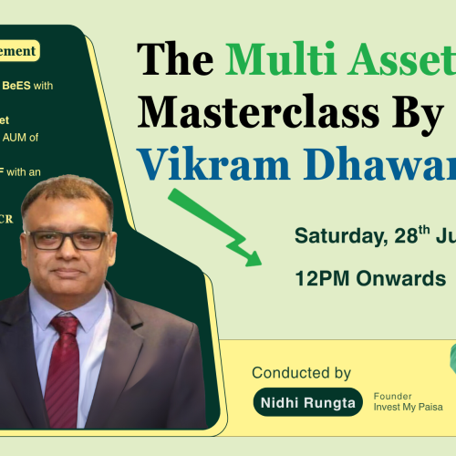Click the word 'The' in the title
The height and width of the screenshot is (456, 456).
[x=176, y=61]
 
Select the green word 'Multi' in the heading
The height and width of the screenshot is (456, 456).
[x=268, y=61]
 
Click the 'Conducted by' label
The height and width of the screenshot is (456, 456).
[x=301, y=372]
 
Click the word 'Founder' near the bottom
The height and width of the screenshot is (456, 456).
[x=392, y=396]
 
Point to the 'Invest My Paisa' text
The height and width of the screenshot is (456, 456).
[x=408, y=407]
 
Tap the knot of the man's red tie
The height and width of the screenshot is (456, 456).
[x=65, y=326]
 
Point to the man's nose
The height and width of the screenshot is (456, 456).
[x=66, y=254]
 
